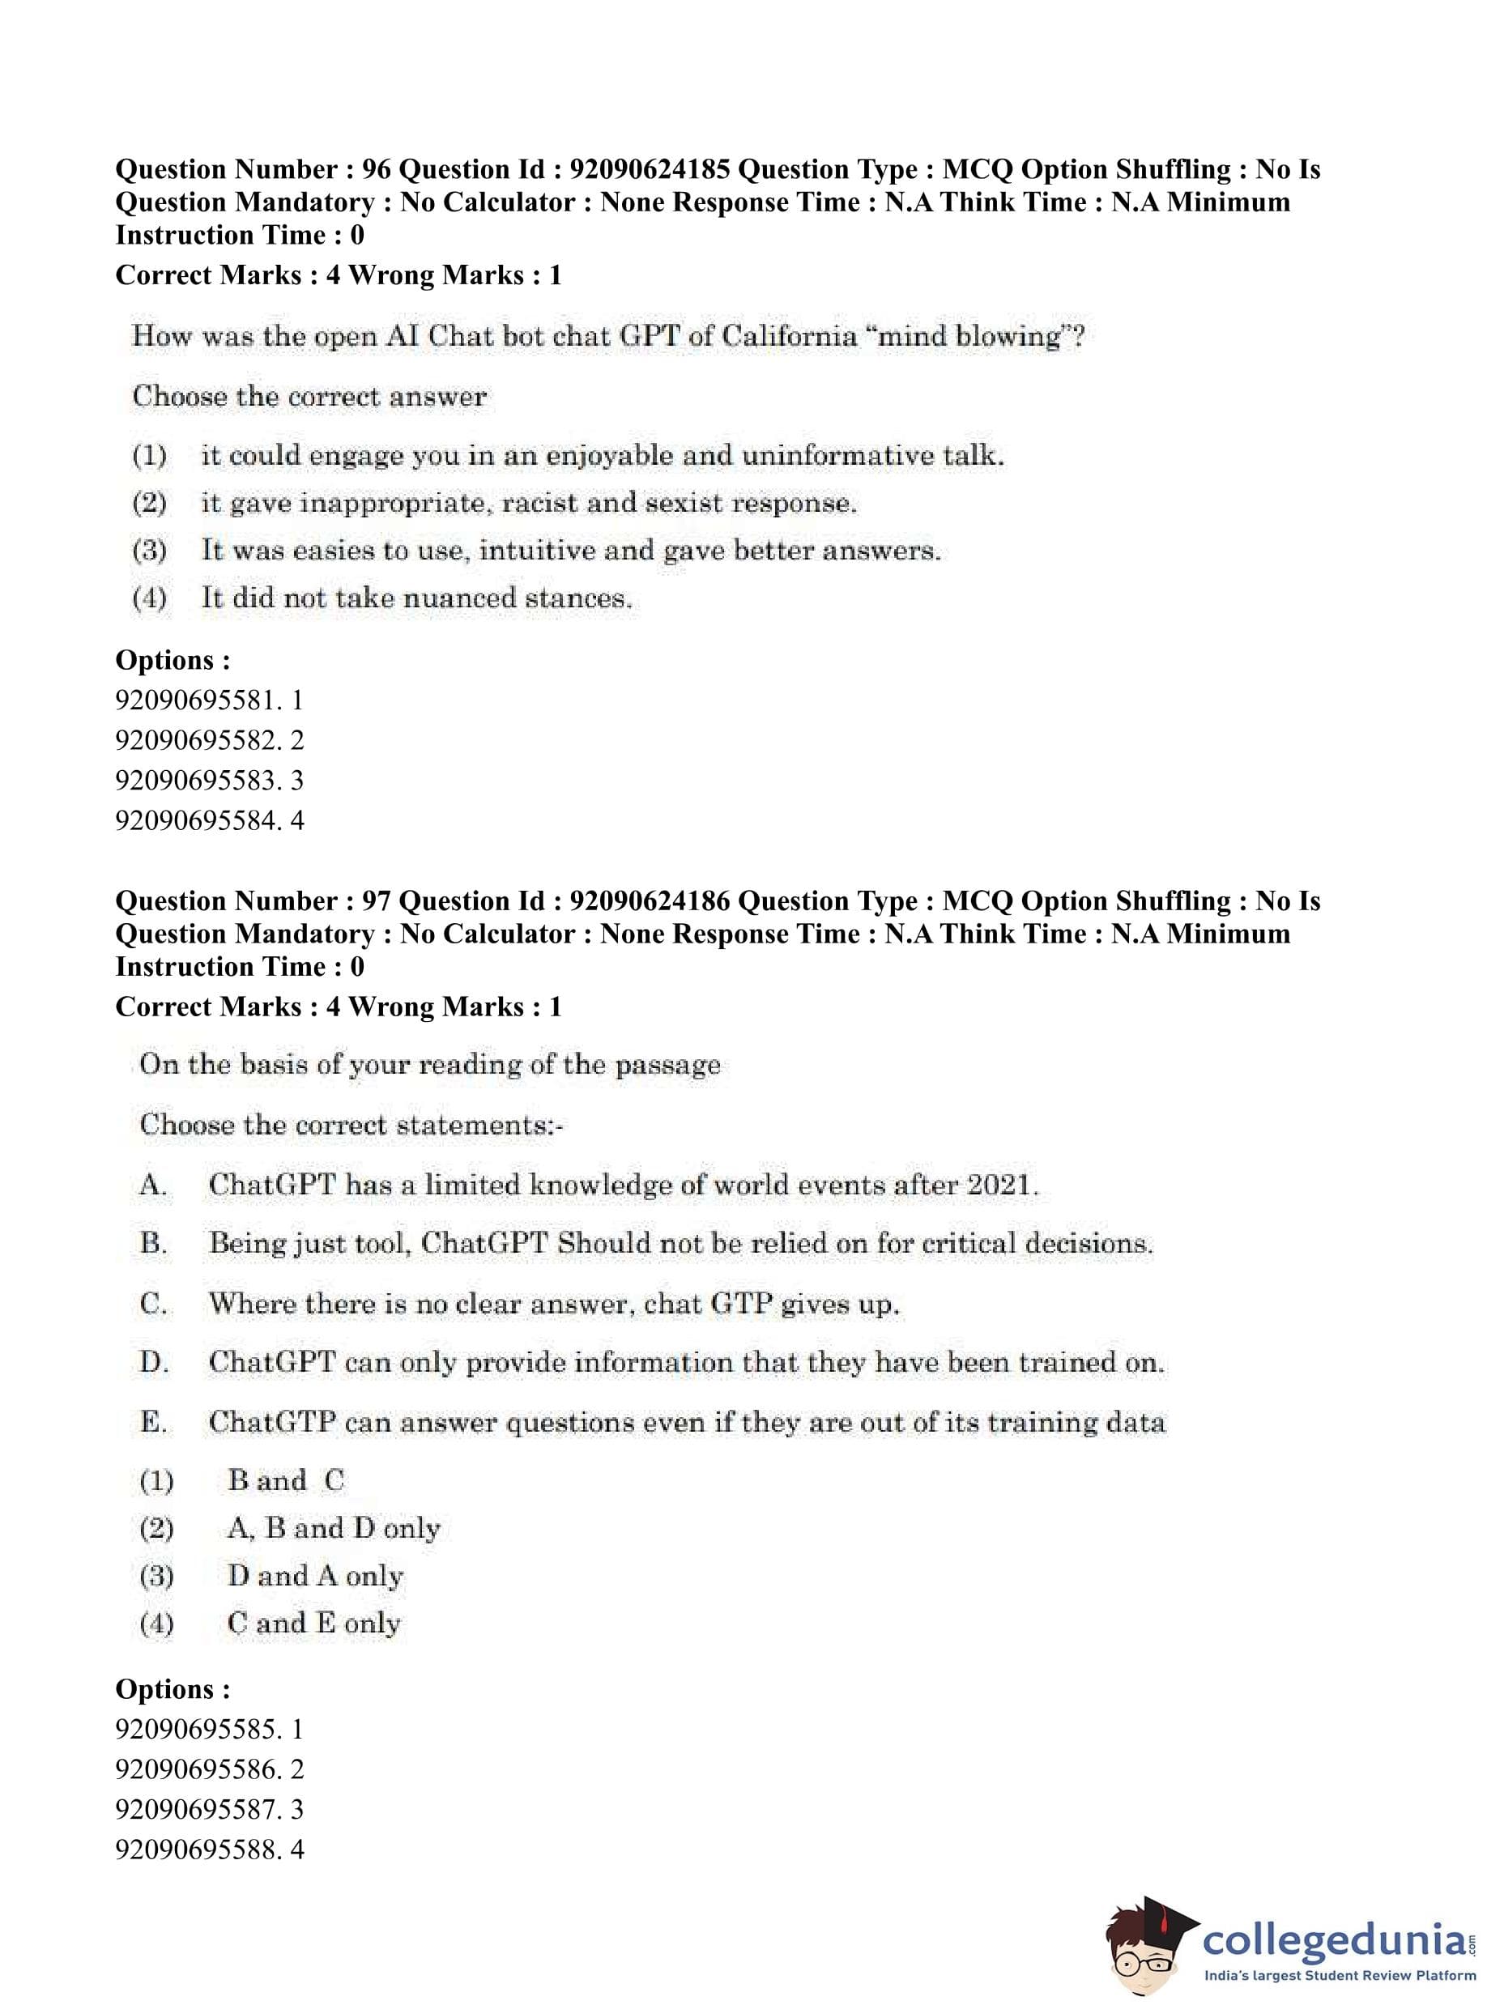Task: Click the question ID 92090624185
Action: [x=650, y=169]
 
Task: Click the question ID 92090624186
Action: [x=650, y=900]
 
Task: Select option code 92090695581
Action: [x=196, y=700]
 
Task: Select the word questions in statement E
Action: [x=569, y=1423]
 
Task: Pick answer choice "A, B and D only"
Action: [x=333, y=1528]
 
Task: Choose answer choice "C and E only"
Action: [x=314, y=1624]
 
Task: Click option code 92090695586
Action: [x=196, y=1769]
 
